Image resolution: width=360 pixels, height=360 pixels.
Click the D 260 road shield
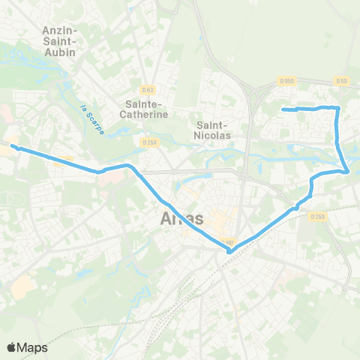(317, 216)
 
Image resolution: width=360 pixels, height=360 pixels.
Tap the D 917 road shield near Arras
(229, 241)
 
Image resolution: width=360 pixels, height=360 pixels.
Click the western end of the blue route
(11, 147)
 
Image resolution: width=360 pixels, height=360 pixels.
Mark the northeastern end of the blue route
(283, 110)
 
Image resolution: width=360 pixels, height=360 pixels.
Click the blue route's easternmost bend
(347, 172)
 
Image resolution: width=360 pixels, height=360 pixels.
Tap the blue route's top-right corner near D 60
(338, 108)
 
